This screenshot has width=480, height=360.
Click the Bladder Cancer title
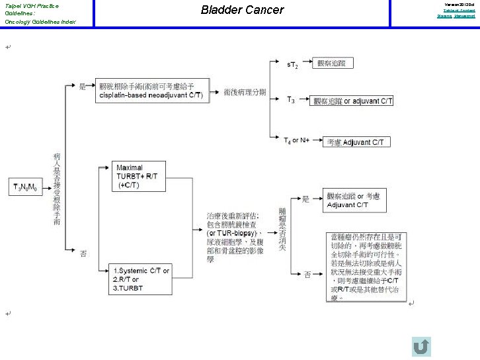pos(242,10)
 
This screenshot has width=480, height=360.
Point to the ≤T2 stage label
pos(292,65)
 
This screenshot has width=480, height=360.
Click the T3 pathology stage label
pos(291,100)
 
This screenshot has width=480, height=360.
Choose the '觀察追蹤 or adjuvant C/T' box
pos(353,101)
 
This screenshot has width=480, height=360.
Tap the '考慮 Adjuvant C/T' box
pos(353,142)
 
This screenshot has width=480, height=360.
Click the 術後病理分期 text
pos(244,92)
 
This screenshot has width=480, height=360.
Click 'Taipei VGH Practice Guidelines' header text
pos(32,9)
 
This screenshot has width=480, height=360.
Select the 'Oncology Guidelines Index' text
pos(40,22)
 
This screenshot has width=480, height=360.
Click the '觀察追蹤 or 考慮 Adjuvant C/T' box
pos(356,201)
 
